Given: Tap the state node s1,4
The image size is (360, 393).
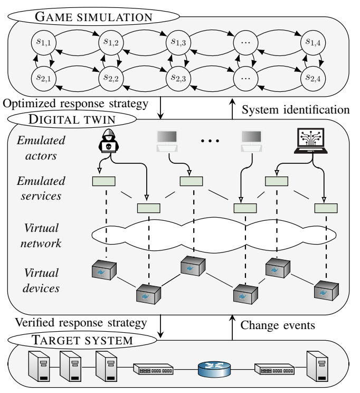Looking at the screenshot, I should pos(313,40).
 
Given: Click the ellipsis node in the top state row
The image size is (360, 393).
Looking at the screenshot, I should pos(245,40).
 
